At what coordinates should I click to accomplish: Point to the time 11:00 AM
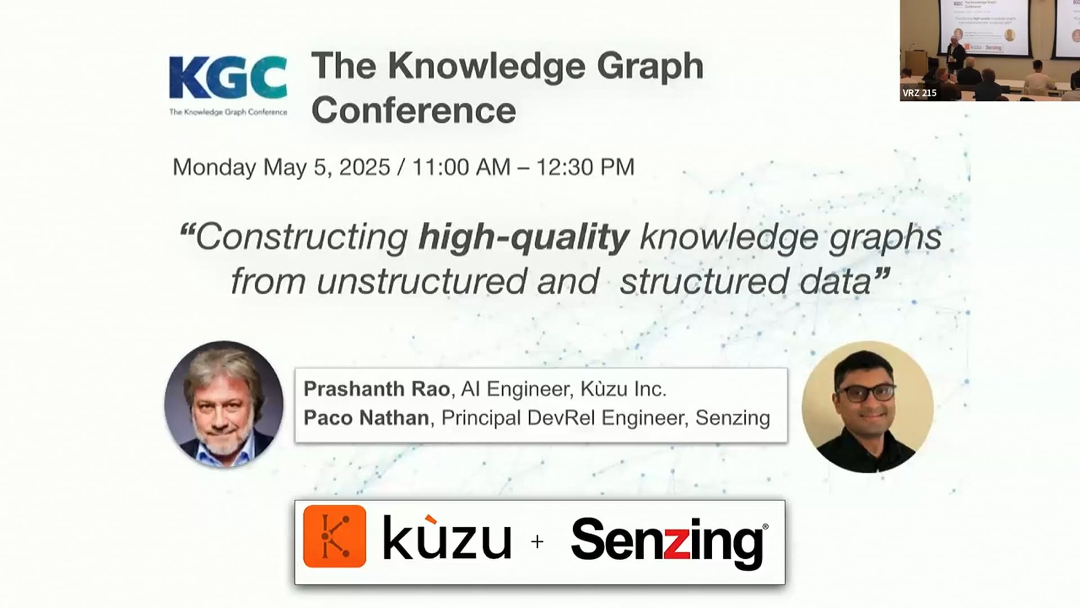click(x=461, y=167)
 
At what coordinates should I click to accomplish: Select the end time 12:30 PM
click(x=585, y=167)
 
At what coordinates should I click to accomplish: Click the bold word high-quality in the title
click(x=523, y=237)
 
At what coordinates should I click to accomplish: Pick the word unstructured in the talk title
click(x=421, y=281)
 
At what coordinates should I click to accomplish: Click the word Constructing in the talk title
click(x=301, y=237)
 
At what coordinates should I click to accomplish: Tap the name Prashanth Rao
click(x=376, y=389)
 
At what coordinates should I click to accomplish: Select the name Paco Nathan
click(x=366, y=418)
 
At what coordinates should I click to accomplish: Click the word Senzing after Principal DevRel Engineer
click(x=732, y=418)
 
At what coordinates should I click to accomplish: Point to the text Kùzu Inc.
click(x=623, y=389)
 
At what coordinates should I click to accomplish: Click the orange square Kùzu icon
click(x=334, y=536)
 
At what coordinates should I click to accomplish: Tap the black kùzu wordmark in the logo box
click(x=447, y=539)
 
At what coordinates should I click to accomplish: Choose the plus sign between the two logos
click(x=537, y=542)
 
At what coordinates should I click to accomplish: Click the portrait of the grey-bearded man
click(x=224, y=404)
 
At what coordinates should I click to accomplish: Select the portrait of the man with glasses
click(x=867, y=406)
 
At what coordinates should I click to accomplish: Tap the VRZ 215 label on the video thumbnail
click(x=919, y=93)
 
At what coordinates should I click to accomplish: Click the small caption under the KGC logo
click(x=228, y=112)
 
